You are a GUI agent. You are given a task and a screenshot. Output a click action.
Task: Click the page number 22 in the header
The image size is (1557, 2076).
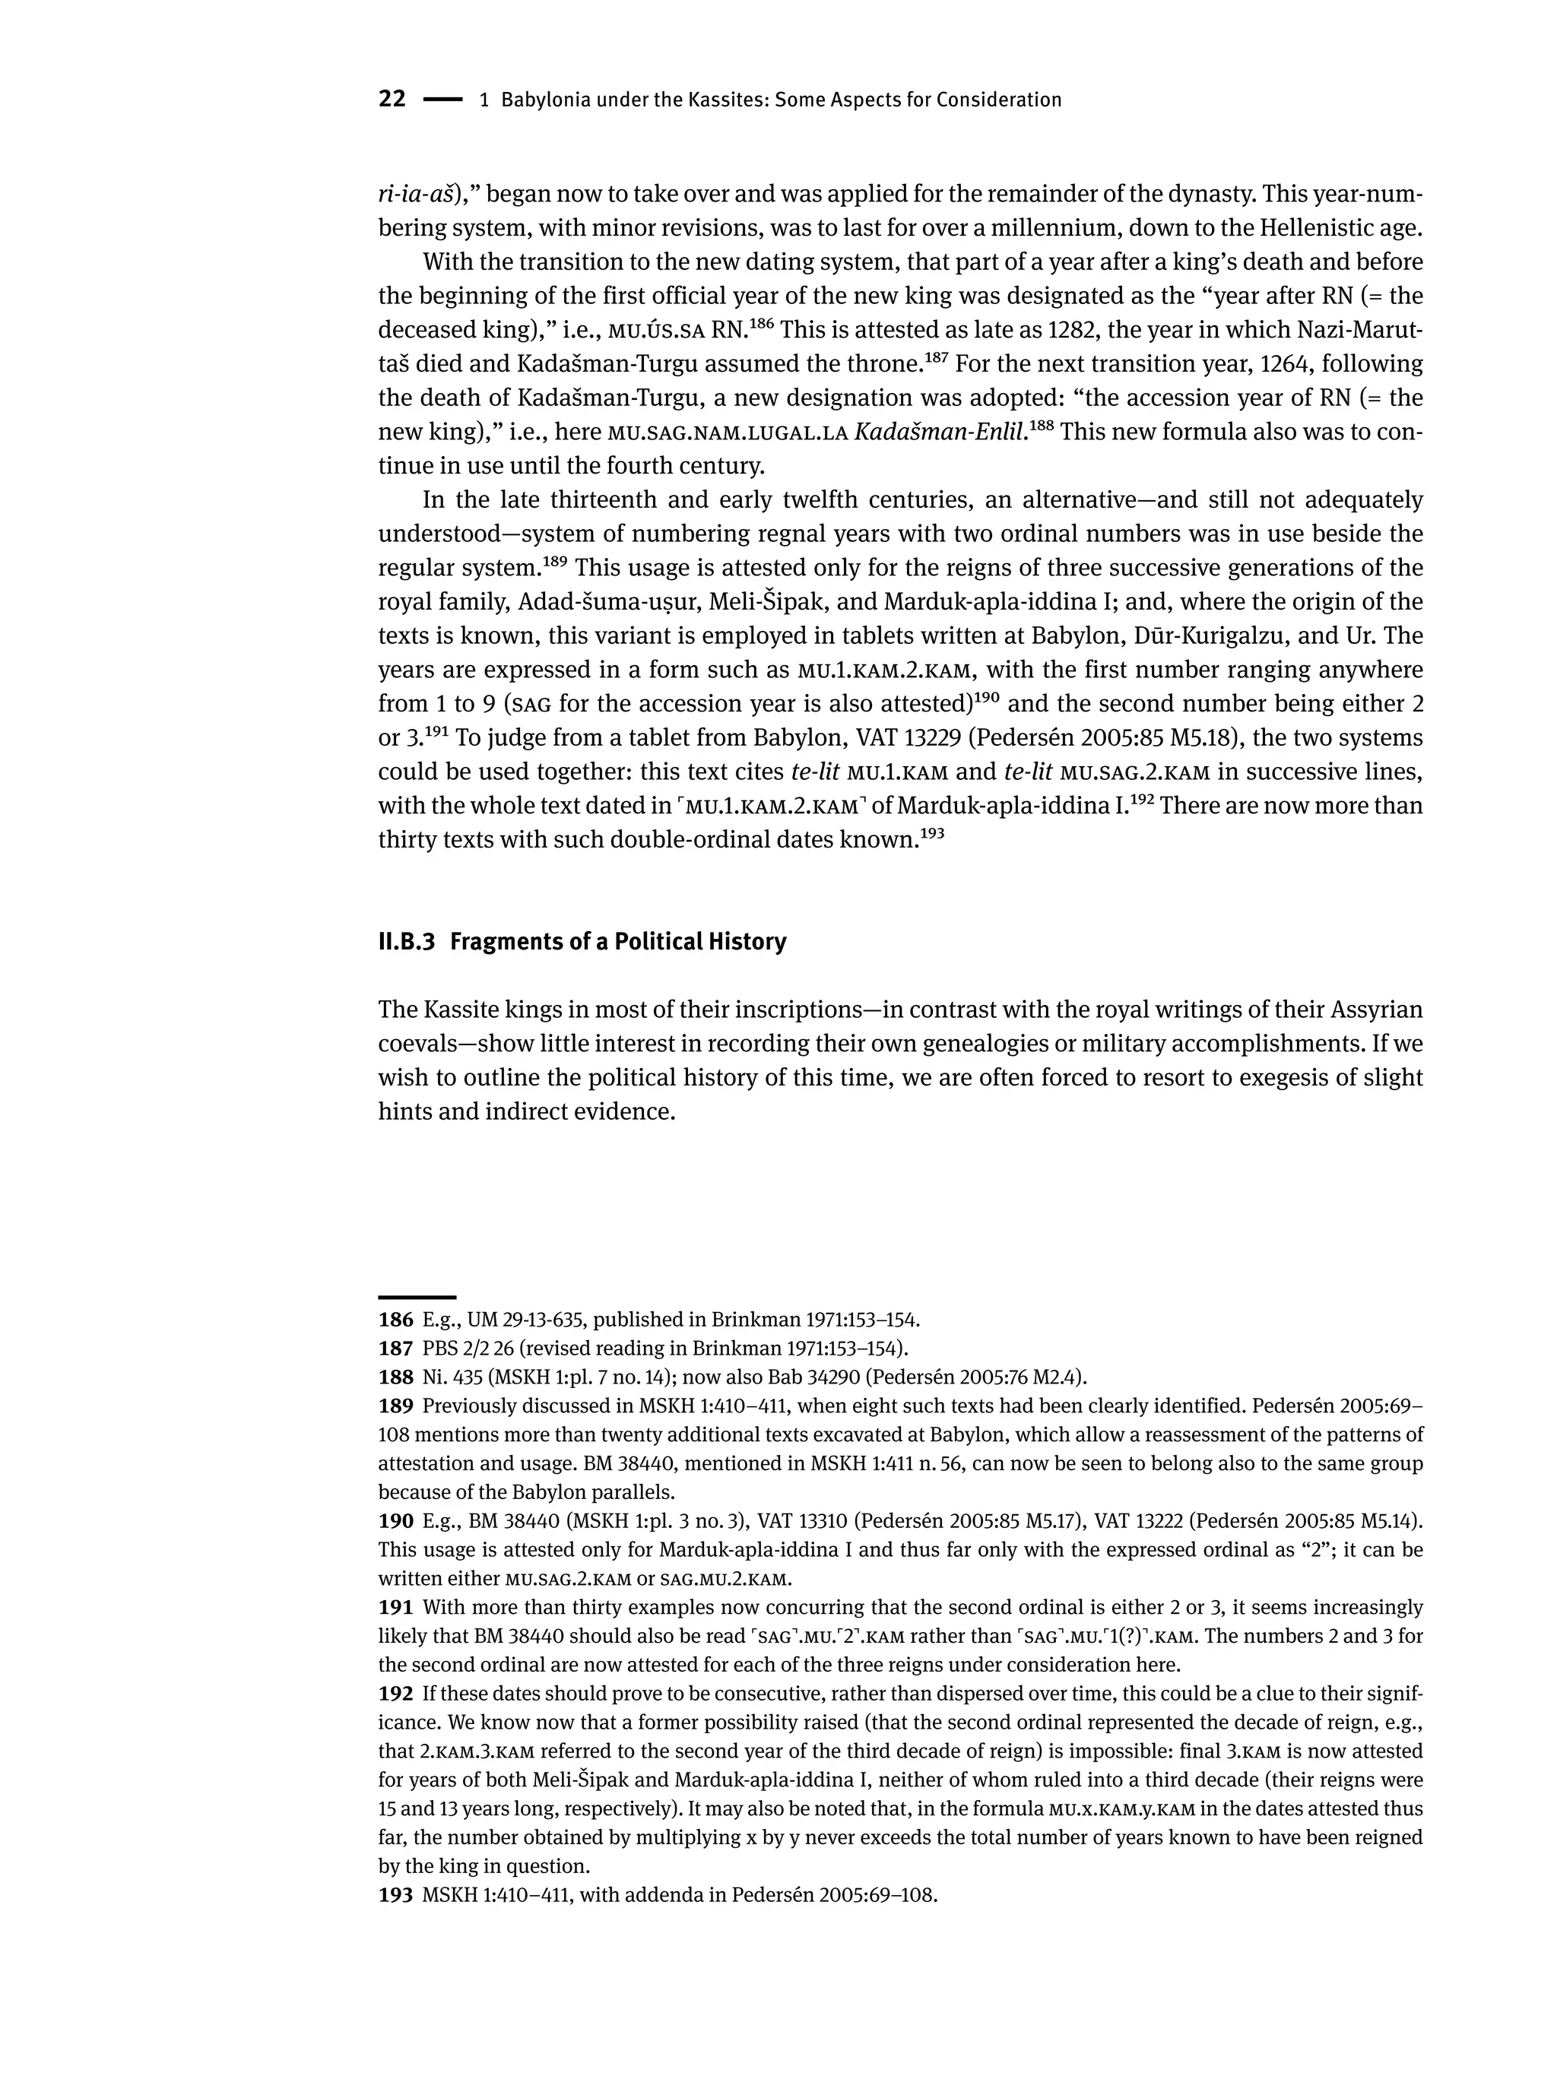coord(392,100)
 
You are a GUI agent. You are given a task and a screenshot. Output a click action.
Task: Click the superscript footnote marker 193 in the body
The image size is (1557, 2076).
coord(929,833)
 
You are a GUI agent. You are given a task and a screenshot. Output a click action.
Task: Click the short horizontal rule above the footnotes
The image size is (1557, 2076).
coord(417,1297)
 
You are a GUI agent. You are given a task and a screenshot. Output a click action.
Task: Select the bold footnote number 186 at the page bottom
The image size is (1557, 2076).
coord(395,1320)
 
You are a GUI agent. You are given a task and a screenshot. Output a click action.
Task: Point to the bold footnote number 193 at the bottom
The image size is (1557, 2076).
coord(395,1895)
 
